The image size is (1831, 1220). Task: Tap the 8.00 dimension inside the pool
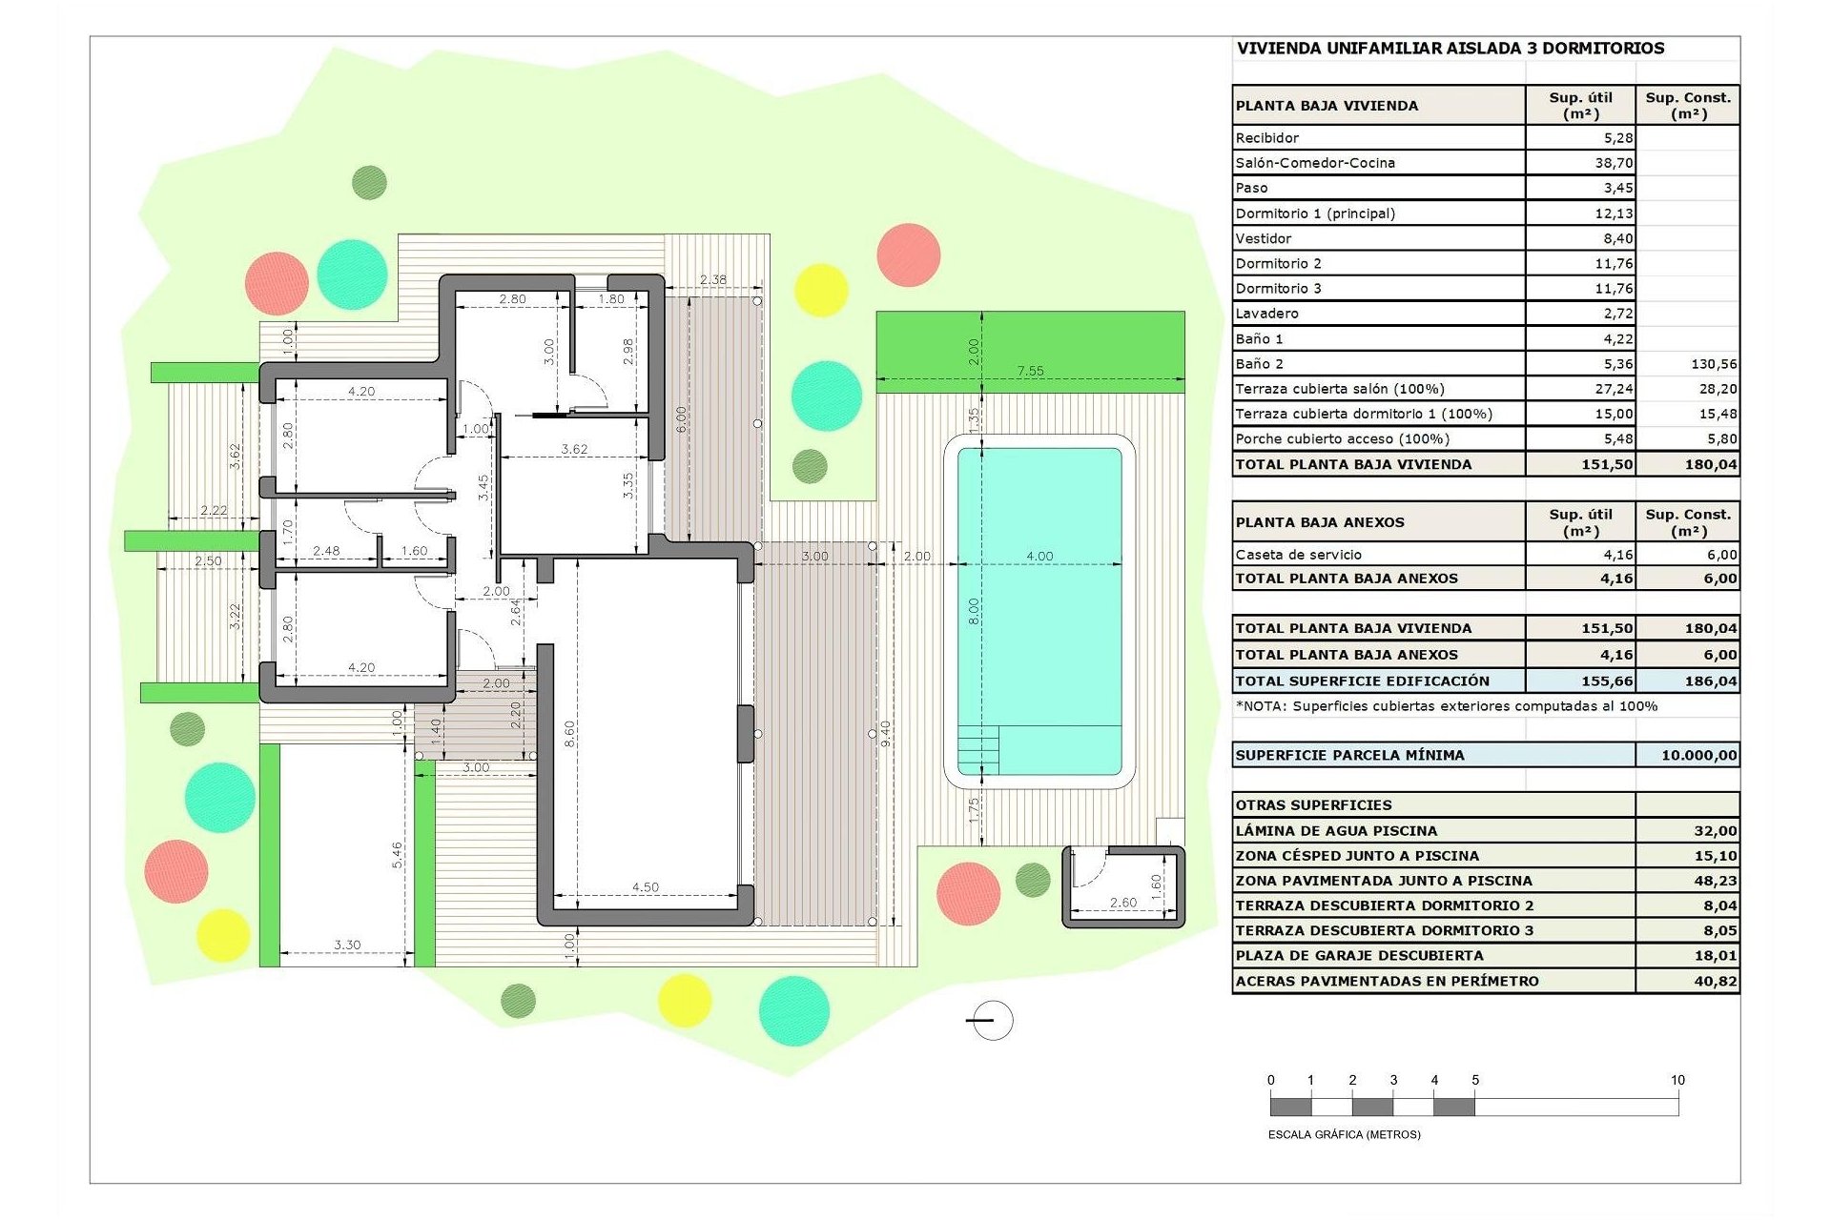click(x=974, y=611)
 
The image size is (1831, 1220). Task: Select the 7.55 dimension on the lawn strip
click(x=1030, y=371)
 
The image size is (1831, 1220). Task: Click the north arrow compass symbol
click(x=992, y=1021)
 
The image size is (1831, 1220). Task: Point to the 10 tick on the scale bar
click(x=1677, y=1080)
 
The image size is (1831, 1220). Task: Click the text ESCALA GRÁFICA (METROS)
click(x=1344, y=1134)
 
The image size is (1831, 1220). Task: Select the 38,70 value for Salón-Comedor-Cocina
click(x=1614, y=163)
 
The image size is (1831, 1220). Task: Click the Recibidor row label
click(x=1266, y=138)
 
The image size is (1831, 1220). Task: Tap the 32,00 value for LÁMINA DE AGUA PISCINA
click(x=1715, y=831)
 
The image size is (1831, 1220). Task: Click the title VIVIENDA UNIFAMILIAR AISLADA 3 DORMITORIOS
click(x=1450, y=49)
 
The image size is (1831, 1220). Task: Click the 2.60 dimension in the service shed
click(x=1122, y=902)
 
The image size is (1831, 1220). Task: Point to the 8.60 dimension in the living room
click(x=569, y=733)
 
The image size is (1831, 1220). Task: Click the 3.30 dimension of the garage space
click(x=347, y=945)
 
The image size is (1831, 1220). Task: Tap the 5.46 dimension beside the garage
click(x=397, y=855)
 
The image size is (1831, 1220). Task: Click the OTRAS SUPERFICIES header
click(x=1313, y=805)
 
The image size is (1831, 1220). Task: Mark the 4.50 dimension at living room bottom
click(x=645, y=886)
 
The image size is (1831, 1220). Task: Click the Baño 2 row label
click(x=1259, y=364)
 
